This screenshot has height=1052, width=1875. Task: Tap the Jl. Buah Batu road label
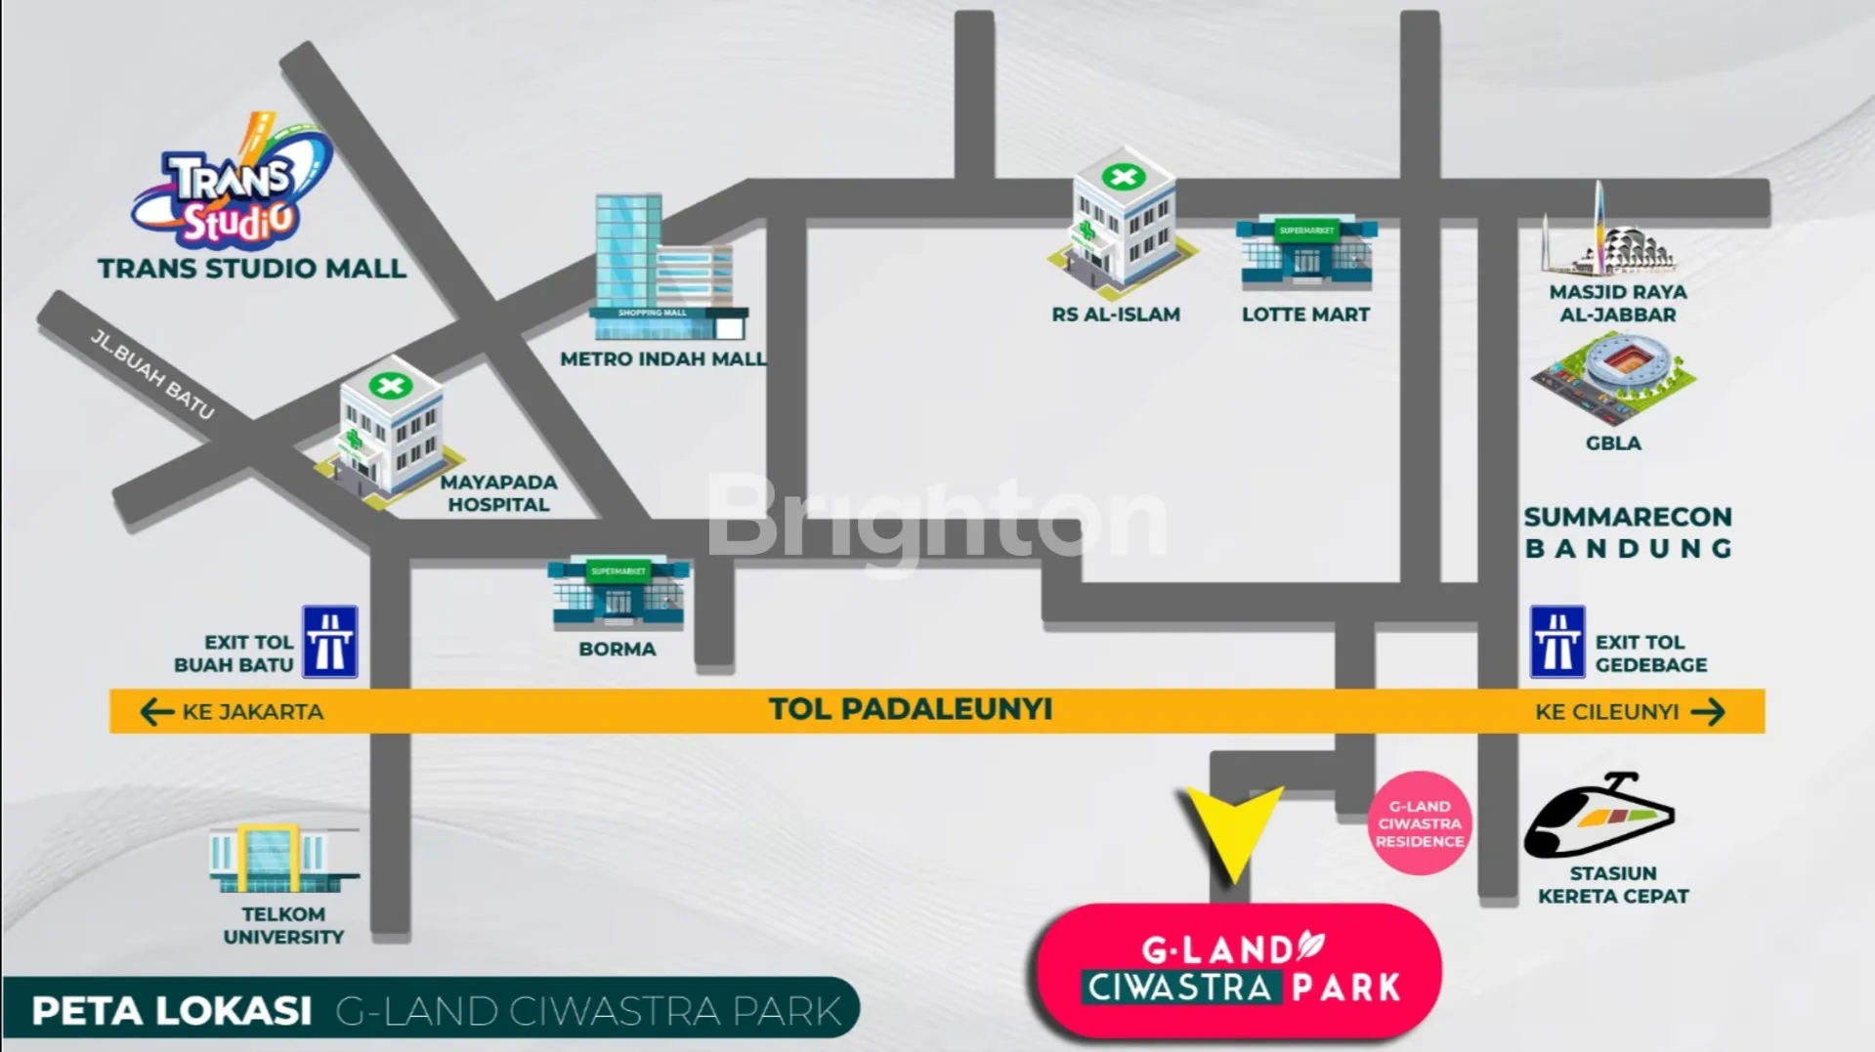(x=152, y=373)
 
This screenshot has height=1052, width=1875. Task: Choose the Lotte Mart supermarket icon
(x=1306, y=253)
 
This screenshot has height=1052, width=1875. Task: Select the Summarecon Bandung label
(x=1628, y=532)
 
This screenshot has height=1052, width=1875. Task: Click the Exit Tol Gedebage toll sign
(x=1556, y=642)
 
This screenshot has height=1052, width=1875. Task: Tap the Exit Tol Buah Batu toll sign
(x=330, y=642)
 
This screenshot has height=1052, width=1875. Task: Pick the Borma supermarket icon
(x=618, y=592)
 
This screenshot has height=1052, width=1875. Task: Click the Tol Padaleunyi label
(x=910, y=709)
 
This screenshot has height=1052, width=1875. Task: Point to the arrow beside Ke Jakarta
(x=156, y=712)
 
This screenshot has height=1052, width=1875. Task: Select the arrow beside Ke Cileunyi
(x=1707, y=712)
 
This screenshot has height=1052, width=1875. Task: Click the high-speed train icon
(x=1598, y=817)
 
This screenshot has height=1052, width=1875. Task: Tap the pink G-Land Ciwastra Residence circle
(x=1420, y=823)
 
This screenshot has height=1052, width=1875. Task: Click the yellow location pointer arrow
(x=1233, y=831)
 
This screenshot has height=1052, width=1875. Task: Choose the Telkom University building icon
(x=283, y=859)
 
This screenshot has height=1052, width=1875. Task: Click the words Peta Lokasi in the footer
(x=172, y=1011)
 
